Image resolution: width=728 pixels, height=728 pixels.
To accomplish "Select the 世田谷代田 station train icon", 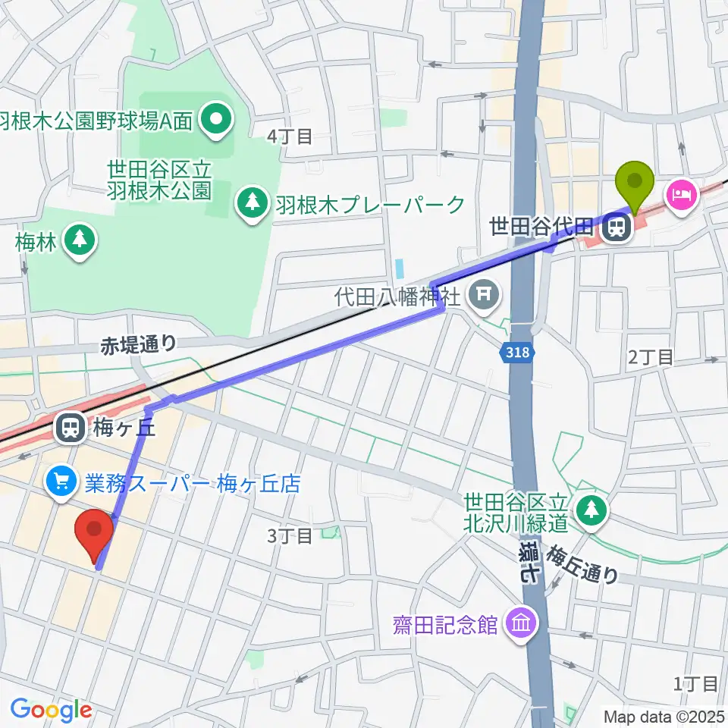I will coord(615,227).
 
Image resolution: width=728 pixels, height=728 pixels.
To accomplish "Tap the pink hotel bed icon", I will coord(679,194).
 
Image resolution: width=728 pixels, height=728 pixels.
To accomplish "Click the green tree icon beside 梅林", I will coord(79,240).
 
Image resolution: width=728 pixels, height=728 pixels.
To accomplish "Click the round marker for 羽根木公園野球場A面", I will coord(218,120).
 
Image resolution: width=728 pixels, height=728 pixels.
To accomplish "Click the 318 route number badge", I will coord(519,352).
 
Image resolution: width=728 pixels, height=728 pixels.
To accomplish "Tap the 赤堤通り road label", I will coord(138,345).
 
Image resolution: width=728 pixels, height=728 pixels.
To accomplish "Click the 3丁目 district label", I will coord(290,536).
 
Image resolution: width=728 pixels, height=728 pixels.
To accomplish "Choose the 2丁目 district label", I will coord(650,356).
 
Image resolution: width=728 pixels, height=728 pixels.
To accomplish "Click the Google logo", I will coord(51,710).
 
